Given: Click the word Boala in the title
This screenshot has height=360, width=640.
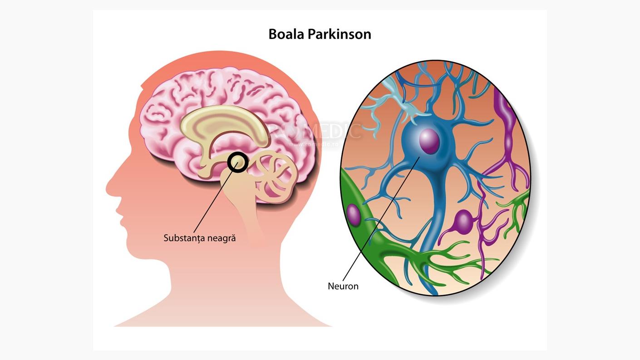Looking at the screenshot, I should (x=286, y=34).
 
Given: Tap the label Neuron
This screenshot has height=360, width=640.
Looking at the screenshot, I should (x=343, y=286).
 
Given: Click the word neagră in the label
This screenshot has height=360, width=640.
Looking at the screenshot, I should (x=222, y=238).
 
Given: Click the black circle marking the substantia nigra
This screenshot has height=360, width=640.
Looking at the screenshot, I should (x=237, y=162).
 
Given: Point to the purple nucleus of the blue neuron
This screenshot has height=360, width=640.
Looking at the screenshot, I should (x=429, y=141).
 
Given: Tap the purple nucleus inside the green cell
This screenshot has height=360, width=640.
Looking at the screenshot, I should (x=353, y=215).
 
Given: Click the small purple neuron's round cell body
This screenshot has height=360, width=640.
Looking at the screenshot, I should (x=463, y=222).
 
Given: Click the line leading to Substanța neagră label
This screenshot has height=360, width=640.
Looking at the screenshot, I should (x=213, y=200).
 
